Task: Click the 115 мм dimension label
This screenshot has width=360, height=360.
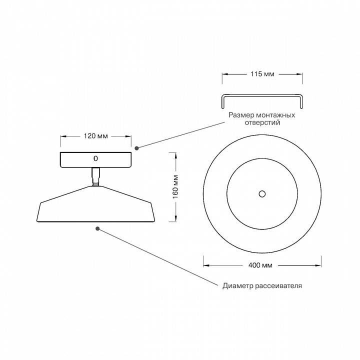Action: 262,73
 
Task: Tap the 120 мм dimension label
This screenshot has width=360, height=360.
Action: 95,136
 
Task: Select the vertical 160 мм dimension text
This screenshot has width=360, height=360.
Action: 175,187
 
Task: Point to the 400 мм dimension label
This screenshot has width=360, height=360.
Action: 262,264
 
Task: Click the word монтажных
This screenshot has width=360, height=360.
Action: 274,115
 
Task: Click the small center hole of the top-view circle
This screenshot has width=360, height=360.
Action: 261,193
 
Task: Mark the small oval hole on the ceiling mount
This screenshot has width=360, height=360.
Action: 95,158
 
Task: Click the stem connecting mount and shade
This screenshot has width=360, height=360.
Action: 95,176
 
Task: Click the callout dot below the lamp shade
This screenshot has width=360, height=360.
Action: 97,228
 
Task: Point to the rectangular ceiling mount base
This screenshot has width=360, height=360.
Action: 75,159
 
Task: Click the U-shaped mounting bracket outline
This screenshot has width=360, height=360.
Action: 261,95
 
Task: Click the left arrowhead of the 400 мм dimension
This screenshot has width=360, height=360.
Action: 205,264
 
